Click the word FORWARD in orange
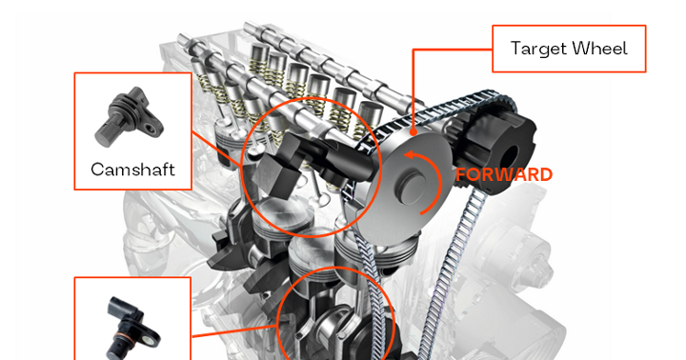503,174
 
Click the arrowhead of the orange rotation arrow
408,154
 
